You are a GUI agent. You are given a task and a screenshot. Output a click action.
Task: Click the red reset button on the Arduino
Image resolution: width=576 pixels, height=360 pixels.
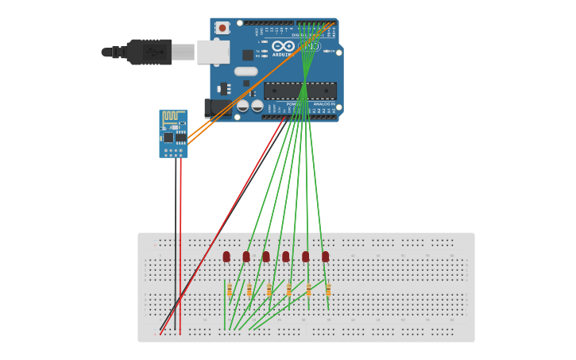click(222, 28)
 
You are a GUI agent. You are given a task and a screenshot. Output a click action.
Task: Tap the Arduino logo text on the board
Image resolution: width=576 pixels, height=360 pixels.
click(283, 55)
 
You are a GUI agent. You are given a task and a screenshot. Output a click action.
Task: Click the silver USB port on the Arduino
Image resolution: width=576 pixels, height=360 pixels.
click(213, 52)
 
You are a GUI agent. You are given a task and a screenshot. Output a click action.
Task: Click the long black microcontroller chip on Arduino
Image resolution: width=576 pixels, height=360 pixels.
click(300, 91)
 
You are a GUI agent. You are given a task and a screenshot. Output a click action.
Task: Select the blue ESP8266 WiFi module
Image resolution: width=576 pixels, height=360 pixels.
click(173, 134)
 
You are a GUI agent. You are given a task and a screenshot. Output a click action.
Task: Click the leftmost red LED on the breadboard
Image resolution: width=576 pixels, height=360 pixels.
click(226, 256)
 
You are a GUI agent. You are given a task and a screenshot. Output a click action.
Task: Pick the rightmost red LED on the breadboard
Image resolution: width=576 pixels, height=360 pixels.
click(325, 256)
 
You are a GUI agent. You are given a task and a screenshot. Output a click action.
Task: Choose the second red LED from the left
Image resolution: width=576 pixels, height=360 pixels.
click(246, 256)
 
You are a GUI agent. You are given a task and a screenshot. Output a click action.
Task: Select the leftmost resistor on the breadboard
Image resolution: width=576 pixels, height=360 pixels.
click(230, 291)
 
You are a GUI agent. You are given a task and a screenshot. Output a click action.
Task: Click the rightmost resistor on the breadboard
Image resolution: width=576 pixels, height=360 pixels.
click(328, 291)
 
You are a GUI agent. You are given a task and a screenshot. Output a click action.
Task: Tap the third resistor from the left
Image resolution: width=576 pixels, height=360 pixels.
click(269, 291)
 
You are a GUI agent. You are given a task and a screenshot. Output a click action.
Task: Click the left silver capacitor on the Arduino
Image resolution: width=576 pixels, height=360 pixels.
click(243, 106)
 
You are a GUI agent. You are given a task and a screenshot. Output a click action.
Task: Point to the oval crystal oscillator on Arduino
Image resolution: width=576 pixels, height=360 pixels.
click(245, 72)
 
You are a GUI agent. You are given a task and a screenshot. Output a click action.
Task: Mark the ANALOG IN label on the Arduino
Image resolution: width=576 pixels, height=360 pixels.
click(323, 104)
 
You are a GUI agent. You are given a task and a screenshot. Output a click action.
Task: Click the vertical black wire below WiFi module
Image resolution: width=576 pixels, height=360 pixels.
click(176, 238)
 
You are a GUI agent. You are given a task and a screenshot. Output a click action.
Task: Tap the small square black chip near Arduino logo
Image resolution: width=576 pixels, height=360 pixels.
click(248, 55)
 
